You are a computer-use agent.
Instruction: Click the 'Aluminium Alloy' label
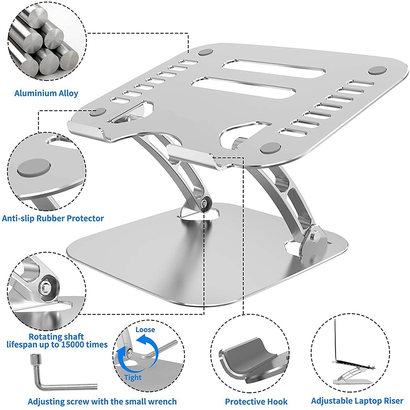coord(46,93)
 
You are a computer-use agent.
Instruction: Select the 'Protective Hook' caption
coord(256,401)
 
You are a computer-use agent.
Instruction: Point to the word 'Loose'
coord(145,330)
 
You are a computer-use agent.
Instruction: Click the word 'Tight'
coord(133,377)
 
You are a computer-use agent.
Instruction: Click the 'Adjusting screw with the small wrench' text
coord(102,401)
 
